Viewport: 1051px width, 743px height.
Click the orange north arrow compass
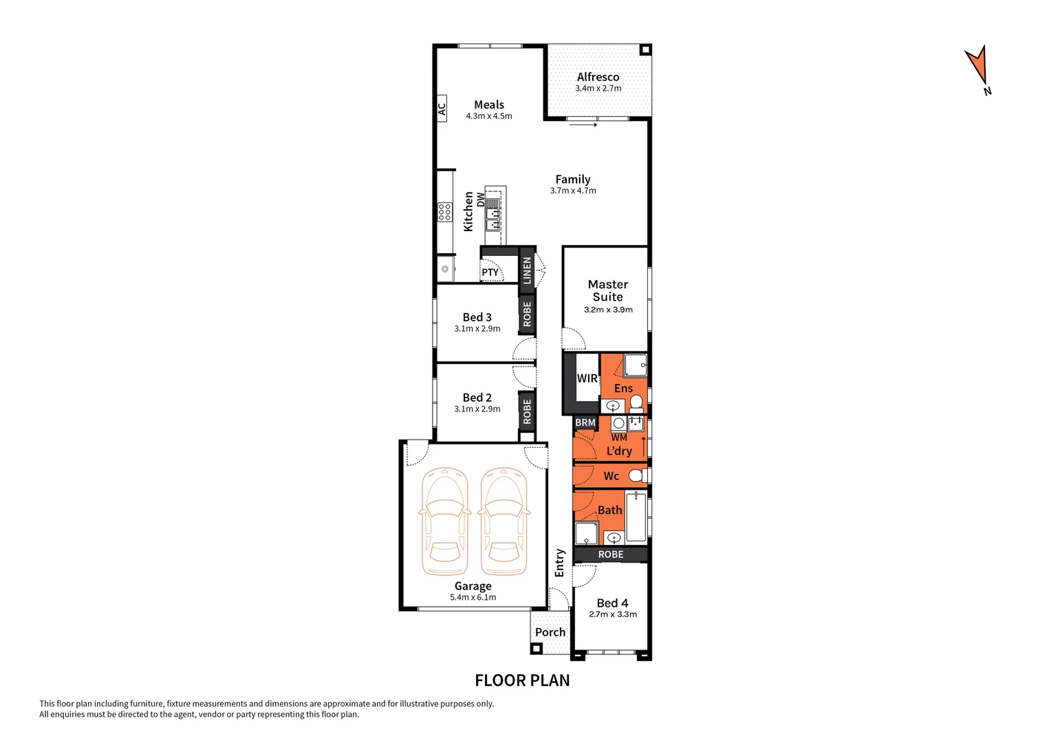click(x=977, y=66)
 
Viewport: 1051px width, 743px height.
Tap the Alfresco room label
click(x=598, y=77)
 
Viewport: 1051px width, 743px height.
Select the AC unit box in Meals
click(x=442, y=109)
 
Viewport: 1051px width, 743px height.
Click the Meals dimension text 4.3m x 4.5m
click(x=489, y=116)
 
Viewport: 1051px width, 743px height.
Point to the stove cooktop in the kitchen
click(x=445, y=212)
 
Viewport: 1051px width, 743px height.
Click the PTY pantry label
click(x=490, y=272)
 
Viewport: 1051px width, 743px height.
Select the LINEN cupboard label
click(x=528, y=270)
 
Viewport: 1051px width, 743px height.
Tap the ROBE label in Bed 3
click(x=528, y=314)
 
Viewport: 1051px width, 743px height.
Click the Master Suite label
click(x=608, y=290)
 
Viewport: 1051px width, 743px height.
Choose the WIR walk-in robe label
click(x=587, y=378)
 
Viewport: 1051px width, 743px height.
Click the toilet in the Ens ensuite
click(x=636, y=402)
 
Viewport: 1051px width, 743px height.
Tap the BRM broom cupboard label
click(x=585, y=422)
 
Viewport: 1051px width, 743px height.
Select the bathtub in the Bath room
click(x=636, y=517)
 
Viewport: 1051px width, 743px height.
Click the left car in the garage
click(x=444, y=521)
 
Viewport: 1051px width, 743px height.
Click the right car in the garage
click(x=503, y=521)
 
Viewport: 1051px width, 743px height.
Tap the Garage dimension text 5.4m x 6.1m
click(x=473, y=598)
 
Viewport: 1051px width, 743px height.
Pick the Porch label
click(x=550, y=632)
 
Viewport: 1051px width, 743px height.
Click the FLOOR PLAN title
click(x=522, y=680)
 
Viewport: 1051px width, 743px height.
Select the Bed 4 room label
click(x=612, y=603)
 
